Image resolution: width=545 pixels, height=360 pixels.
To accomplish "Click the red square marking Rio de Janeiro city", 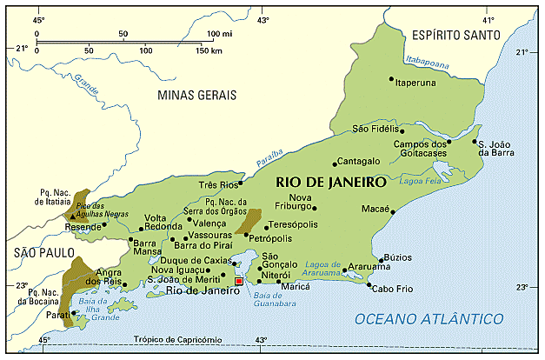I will point(239,282).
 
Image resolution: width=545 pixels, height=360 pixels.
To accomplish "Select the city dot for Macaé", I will point(393,211).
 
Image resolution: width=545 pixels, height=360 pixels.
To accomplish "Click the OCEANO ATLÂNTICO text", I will point(429,320).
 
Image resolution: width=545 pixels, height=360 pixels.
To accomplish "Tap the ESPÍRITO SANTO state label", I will point(455,35).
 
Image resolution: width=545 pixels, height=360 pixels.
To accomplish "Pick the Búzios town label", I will point(397,258).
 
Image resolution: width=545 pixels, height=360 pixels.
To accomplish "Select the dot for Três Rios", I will point(240,183).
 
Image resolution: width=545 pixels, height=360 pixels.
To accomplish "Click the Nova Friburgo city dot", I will point(315,208).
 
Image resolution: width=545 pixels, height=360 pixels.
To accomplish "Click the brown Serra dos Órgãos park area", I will point(249,221).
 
